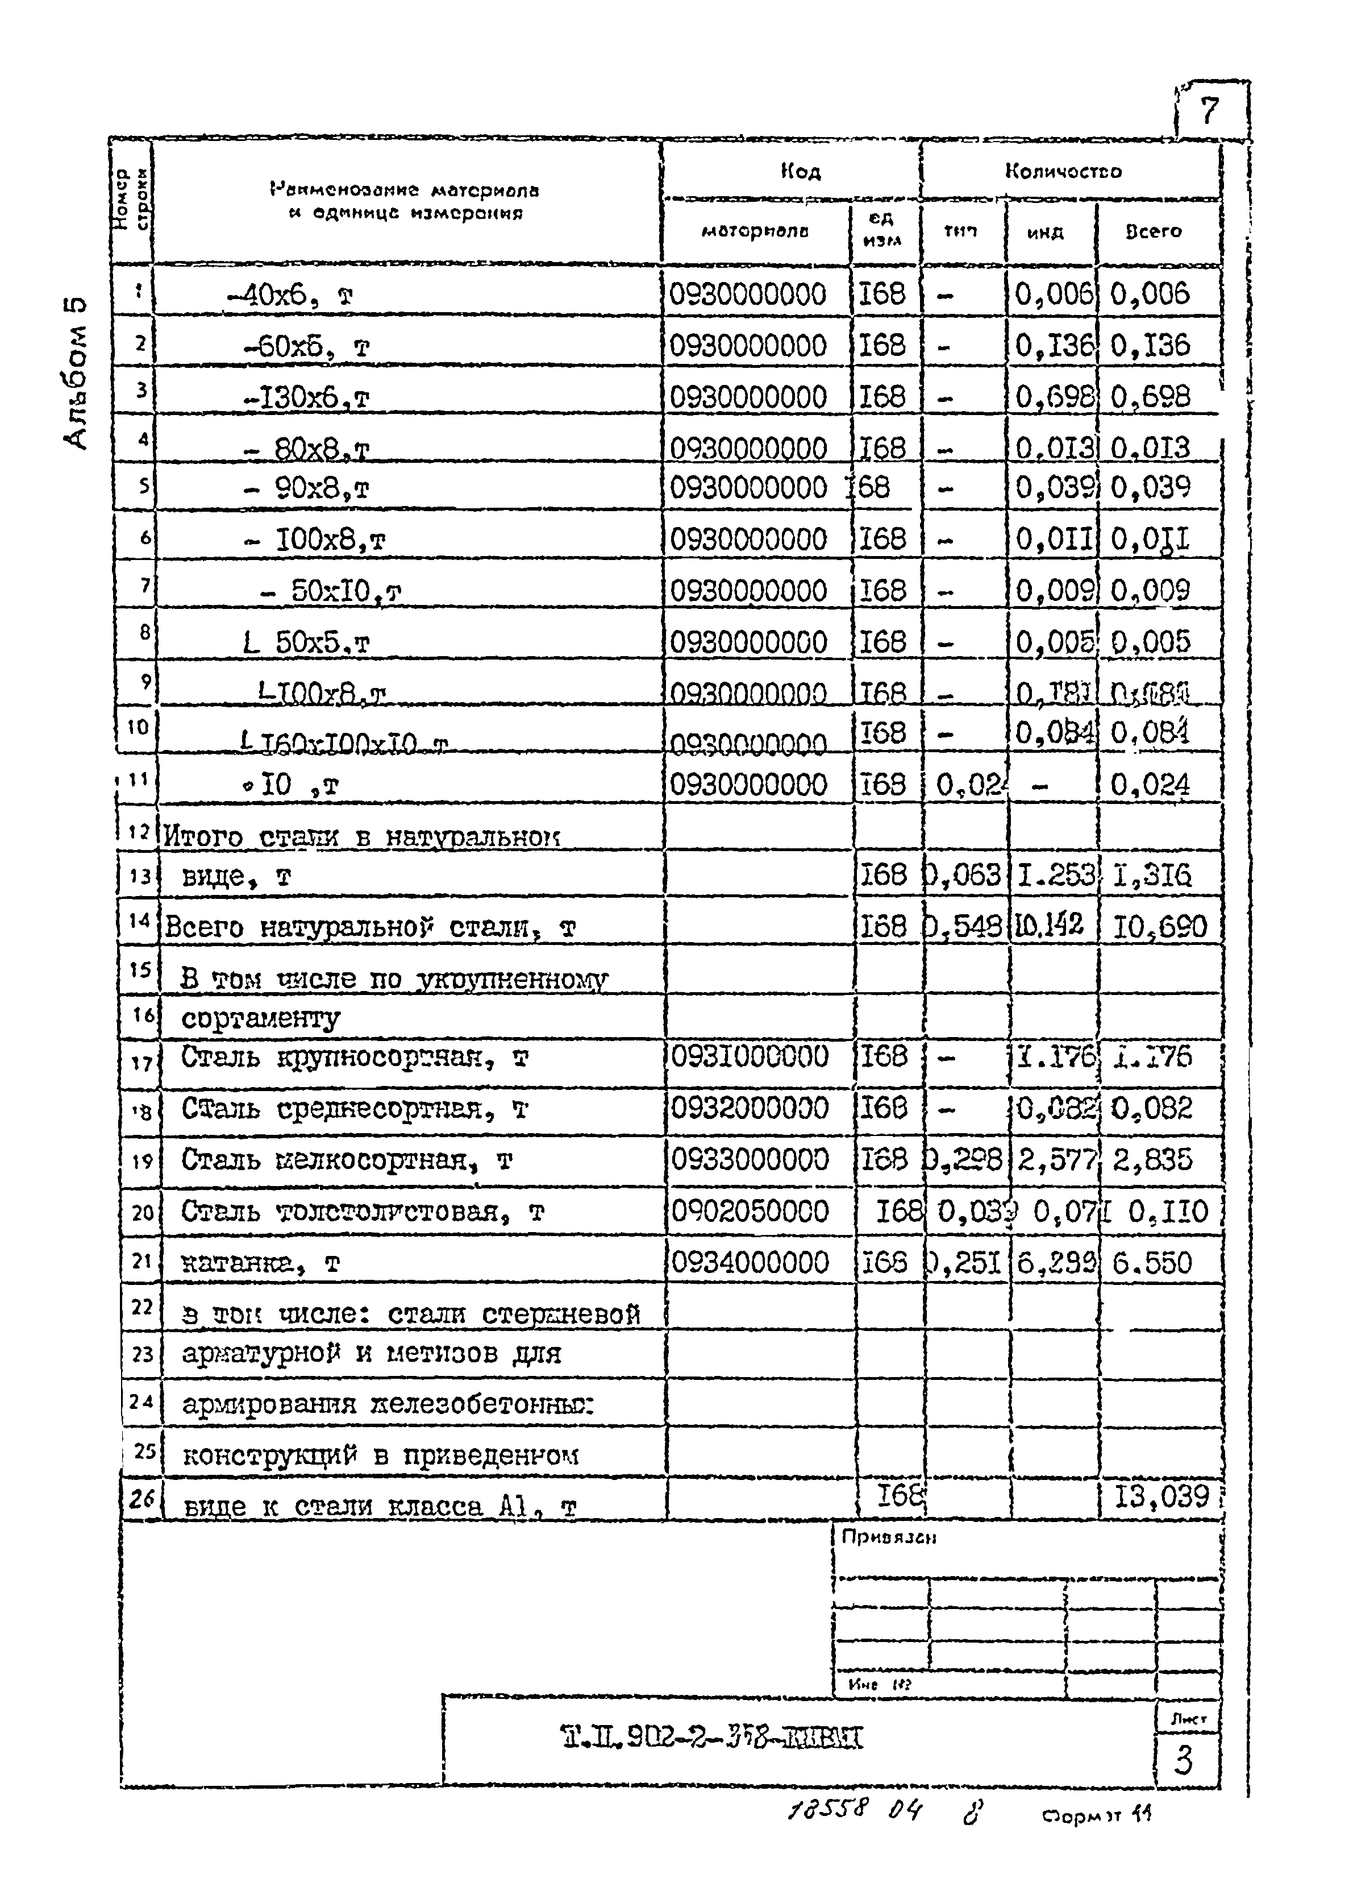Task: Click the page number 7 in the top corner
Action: (x=1210, y=110)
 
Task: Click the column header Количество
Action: (x=1063, y=172)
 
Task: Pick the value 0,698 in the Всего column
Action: (x=1153, y=397)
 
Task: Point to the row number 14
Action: (x=139, y=921)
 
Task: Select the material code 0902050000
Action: (x=750, y=1211)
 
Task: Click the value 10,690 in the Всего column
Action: (x=1160, y=926)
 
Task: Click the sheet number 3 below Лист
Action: (x=1183, y=1760)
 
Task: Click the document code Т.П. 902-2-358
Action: (x=713, y=1738)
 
